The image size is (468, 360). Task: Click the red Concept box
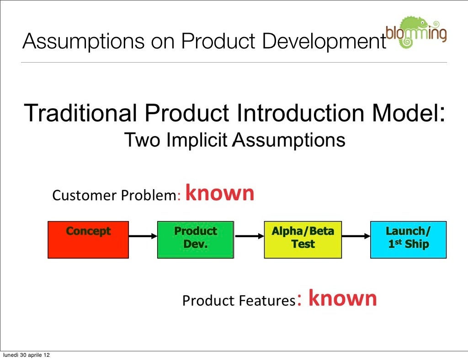click(x=88, y=239)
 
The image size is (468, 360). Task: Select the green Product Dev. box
click(x=195, y=239)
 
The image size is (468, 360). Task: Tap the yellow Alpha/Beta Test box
click(x=303, y=239)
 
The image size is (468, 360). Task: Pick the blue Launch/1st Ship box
click(x=408, y=239)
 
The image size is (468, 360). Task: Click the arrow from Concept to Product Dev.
click(x=143, y=236)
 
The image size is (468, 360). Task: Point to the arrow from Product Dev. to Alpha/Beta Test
click(x=249, y=236)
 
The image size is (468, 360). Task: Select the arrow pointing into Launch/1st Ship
click(x=356, y=236)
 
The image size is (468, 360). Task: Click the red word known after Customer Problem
click(x=220, y=193)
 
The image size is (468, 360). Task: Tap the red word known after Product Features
click(x=343, y=298)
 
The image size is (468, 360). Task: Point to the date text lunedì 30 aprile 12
click(x=26, y=355)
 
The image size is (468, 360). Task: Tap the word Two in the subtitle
click(x=142, y=140)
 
